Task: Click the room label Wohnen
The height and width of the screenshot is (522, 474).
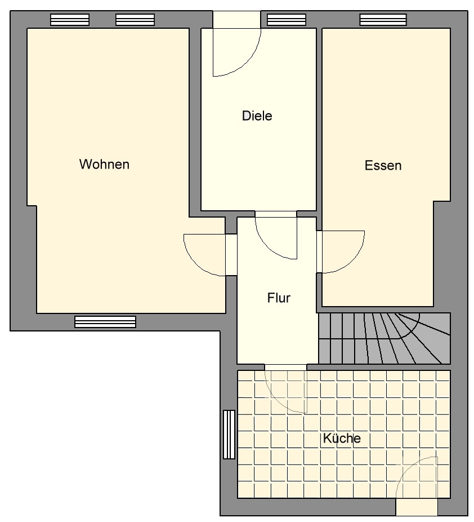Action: [x=104, y=164]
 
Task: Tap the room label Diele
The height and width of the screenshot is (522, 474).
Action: [x=257, y=116]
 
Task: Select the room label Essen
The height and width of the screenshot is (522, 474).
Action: [x=383, y=165]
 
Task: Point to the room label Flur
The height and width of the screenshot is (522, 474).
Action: [x=279, y=298]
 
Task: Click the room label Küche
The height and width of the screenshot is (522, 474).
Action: [x=342, y=438]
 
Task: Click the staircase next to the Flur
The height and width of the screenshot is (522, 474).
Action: [x=384, y=338]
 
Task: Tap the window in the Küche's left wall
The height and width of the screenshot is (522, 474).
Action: [x=229, y=434]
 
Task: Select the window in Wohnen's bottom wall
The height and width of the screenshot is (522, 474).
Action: [x=105, y=321]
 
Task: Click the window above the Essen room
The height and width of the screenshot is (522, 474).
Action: [x=383, y=20]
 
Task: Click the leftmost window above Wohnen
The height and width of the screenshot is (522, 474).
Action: [x=70, y=20]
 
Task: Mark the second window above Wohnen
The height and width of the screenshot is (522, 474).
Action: [x=135, y=20]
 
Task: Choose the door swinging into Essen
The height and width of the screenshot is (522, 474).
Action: [x=342, y=251]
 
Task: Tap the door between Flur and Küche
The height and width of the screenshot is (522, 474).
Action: [x=286, y=389]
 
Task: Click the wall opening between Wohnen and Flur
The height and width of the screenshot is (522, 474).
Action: [x=231, y=255]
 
